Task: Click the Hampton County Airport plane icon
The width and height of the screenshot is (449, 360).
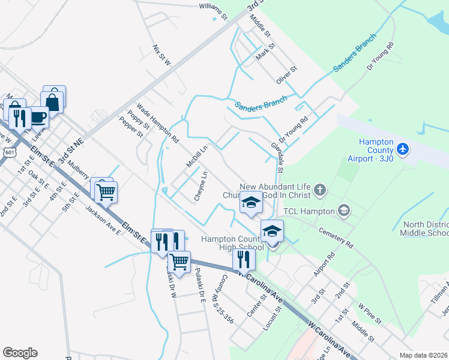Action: click(402, 148)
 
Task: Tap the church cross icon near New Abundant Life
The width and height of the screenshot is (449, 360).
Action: click(321, 191)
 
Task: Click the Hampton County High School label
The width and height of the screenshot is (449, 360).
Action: click(232, 243)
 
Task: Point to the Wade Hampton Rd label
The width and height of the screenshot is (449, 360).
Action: click(157, 122)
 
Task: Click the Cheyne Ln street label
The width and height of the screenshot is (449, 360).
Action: click(200, 186)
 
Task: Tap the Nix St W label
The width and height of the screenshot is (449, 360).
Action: click(162, 55)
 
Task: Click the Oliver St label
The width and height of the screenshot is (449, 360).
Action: click(287, 76)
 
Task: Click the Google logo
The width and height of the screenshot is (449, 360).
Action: click(20, 353)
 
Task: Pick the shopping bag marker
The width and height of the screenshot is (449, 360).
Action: click(53, 101)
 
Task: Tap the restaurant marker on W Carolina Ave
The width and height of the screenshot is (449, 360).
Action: click(244, 259)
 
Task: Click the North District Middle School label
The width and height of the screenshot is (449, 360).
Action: click(426, 229)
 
